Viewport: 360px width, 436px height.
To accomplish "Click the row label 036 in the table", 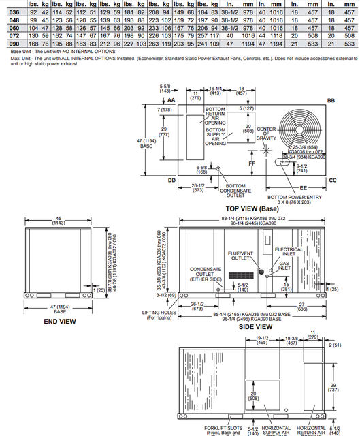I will click(12, 12).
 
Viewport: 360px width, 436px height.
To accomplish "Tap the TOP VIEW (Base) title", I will click(252, 208).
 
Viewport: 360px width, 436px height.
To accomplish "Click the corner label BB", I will click(331, 100).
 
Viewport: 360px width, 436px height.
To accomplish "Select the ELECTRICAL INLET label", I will click(289, 252).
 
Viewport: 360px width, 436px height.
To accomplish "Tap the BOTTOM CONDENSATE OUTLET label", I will click(240, 189).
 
